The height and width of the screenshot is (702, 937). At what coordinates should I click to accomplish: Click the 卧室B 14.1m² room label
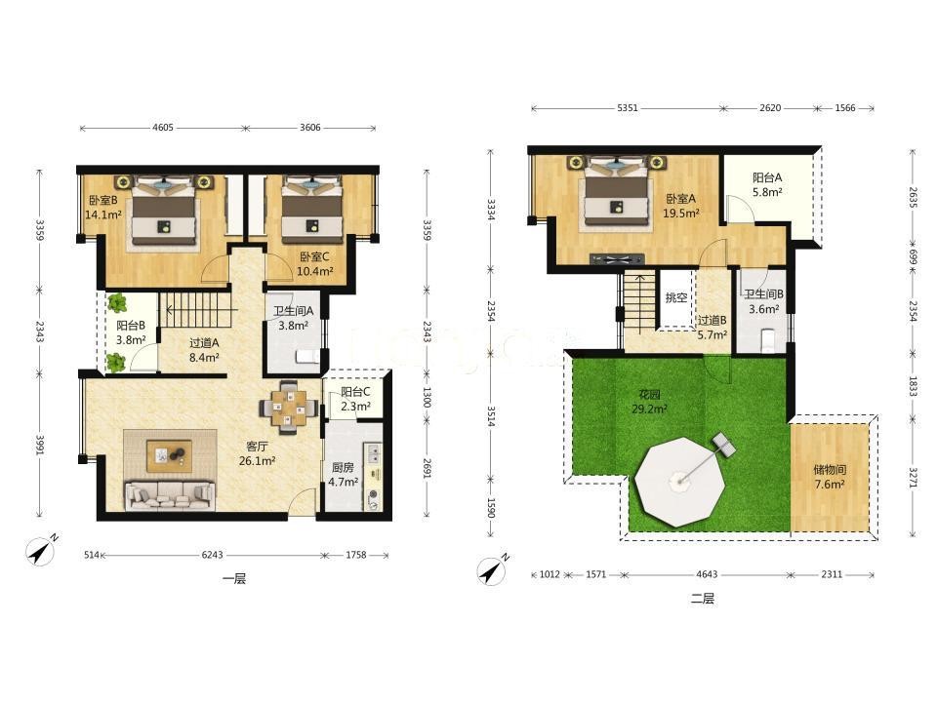point(104,207)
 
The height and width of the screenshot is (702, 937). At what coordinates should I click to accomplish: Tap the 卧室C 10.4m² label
point(315,264)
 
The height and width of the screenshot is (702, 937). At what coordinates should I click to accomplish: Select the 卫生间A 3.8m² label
point(294,318)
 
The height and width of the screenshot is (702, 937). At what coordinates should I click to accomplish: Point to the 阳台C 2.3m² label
point(355,399)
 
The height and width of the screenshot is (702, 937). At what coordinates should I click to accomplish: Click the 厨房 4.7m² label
point(343,474)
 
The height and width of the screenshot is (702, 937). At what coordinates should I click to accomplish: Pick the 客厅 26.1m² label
point(257,453)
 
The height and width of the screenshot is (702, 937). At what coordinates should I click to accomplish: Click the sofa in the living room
point(170,495)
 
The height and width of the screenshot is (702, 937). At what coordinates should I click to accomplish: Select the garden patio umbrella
point(679,481)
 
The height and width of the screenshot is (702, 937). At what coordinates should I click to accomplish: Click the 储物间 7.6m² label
point(830,477)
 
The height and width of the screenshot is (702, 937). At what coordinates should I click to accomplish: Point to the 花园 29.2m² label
point(650,402)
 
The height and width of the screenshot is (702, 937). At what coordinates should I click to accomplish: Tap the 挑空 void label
point(676,297)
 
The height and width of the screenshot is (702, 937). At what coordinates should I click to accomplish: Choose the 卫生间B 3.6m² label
point(763,301)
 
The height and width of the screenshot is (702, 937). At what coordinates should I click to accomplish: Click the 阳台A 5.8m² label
point(767,184)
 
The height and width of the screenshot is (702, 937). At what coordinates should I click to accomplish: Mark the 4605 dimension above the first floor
point(163,127)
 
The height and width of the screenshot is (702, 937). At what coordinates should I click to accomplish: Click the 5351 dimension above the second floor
point(628,108)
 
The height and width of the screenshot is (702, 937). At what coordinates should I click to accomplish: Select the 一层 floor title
point(234,578)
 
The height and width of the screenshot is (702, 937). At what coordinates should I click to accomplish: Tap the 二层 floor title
point(703,598)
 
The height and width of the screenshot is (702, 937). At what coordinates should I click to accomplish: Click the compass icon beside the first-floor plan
point(41,550)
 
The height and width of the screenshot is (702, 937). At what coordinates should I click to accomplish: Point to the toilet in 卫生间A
point(307,357)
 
